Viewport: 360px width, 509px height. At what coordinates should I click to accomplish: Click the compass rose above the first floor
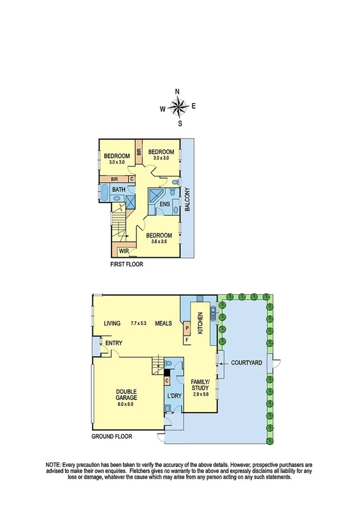[x=179, y=107]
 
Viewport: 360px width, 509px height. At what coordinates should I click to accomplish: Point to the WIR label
[x=125, y=251]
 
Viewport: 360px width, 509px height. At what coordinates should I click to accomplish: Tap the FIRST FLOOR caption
[x=126, y=264]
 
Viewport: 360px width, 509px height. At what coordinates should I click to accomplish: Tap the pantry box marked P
[x=187, y=328]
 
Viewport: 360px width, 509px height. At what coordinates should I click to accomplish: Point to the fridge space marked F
[x=187, y=341]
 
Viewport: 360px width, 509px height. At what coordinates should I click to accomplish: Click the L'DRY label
[x=174, y=396]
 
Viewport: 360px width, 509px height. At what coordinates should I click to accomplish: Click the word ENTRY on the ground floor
[x=114, y=343]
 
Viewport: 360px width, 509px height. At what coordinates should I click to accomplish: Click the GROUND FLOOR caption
[x=111, y=436]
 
